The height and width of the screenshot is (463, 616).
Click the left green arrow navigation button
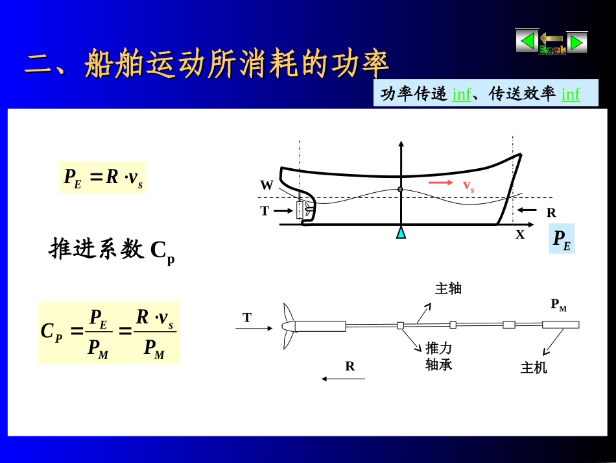coord(527,42)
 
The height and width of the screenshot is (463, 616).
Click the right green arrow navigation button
coord(576,42)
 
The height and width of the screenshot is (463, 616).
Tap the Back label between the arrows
coord(552,49)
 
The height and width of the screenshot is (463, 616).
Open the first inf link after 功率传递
coord(462,94)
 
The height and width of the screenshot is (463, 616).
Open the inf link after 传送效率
coord(571,94)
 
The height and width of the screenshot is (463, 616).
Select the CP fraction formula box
coord(109,332)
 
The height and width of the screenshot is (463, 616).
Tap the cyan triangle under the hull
coord(401,232)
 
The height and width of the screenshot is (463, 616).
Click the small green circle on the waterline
coord(400,190)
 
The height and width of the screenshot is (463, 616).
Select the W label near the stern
coord(267,185)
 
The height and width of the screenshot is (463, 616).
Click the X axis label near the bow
coord(520,235)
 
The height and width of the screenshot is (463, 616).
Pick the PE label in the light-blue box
coord(562,239)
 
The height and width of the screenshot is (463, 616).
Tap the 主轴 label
coord(448,288)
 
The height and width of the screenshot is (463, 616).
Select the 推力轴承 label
coord(439,357)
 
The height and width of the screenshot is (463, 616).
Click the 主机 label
coord(534,368)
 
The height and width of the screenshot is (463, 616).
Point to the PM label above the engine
coord(558,305)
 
